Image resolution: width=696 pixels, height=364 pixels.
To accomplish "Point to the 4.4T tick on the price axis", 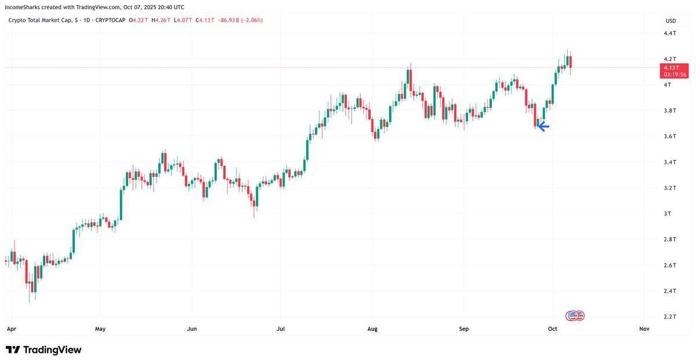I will click(669, 33).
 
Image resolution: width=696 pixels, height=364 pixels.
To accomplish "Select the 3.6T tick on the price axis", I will click(669, 136).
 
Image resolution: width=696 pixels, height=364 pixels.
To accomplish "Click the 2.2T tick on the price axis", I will click(669, 316).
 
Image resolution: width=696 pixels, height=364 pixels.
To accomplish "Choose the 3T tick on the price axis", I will click(668, 214).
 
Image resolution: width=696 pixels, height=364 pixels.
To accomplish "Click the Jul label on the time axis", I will click(281, 329).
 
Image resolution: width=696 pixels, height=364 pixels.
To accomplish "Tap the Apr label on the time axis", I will click(10, 329).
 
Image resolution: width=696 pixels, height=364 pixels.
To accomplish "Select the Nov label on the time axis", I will click(644, 329).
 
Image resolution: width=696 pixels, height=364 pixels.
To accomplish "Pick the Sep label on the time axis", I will click(463, 329).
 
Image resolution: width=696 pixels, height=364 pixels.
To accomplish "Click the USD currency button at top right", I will click(670, 21).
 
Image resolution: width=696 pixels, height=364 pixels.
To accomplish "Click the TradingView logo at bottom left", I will click(43, 349).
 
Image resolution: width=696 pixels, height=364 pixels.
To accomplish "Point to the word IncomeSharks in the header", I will click(24, 8).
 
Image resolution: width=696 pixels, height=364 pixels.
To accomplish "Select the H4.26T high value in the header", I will click(162, 20).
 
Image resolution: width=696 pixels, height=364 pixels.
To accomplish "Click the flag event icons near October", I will click(575, 316).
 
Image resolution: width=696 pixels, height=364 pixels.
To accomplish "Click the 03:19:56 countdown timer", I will click(675, 75).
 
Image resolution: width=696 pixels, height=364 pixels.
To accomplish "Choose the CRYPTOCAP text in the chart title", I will click(110, 20).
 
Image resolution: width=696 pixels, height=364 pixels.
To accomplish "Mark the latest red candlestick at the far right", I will click(571, 62).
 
